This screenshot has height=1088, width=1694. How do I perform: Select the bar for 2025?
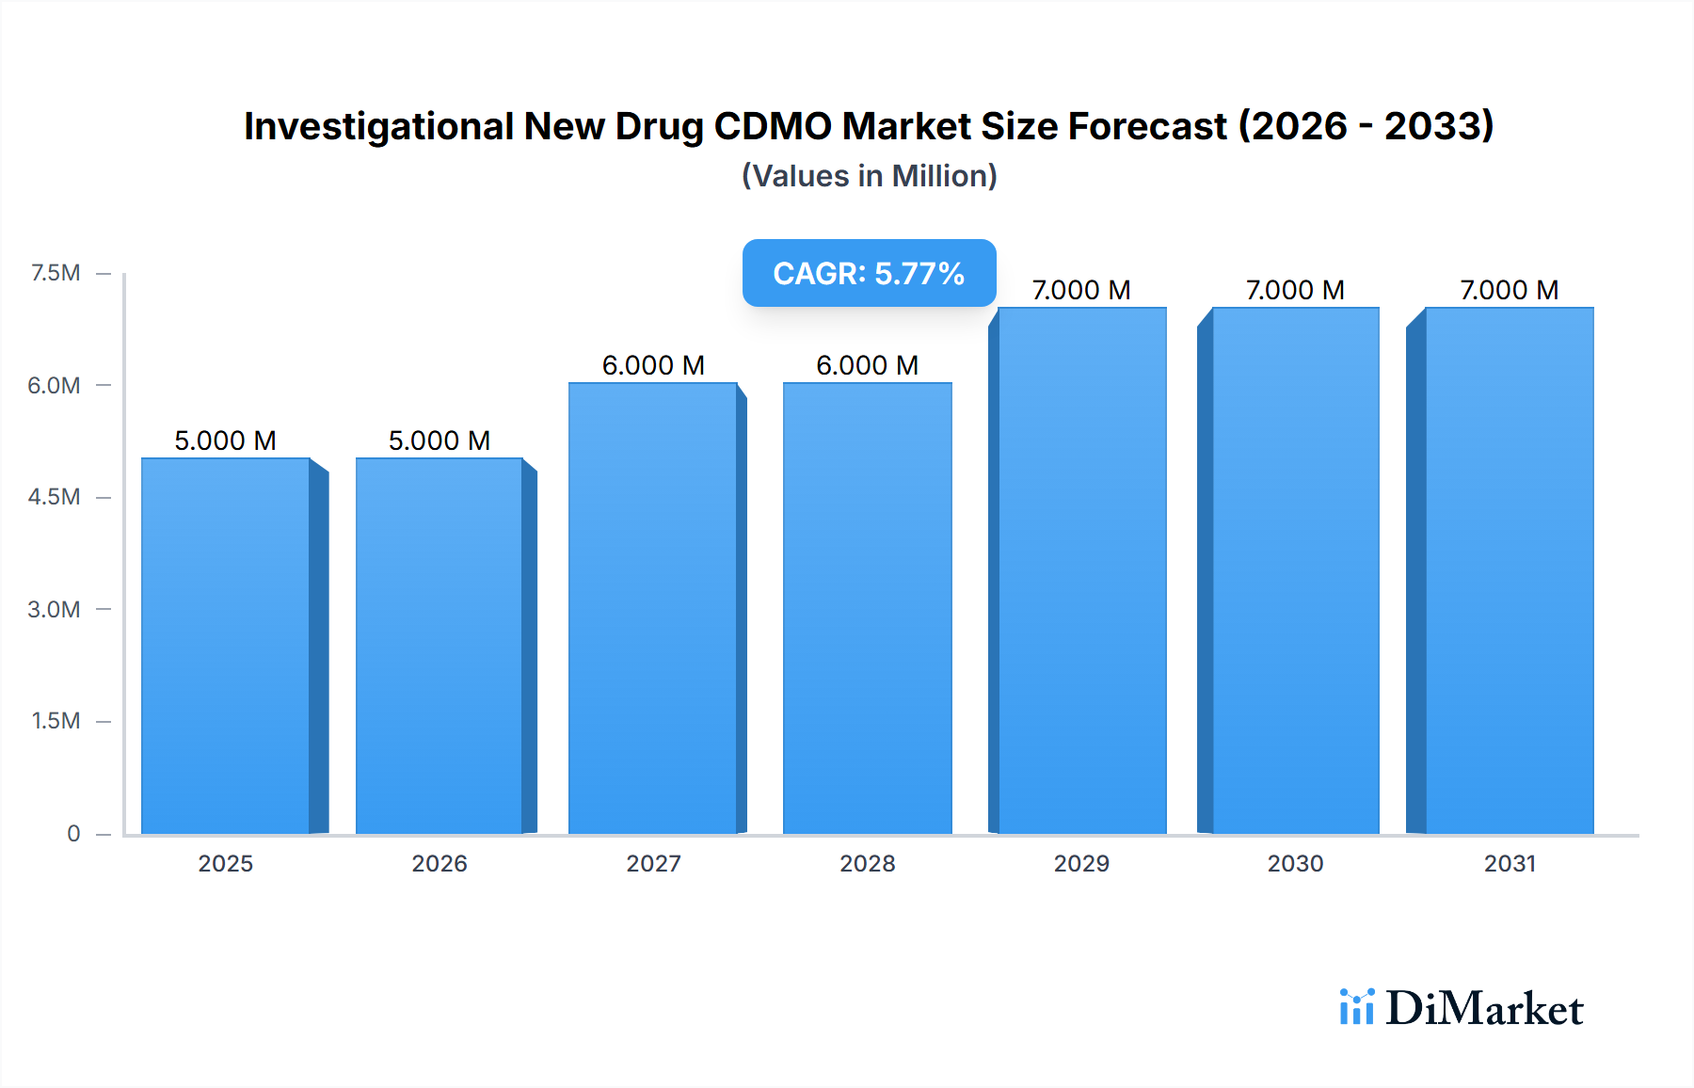coord(226,646)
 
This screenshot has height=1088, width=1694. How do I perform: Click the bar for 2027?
coord(653,608)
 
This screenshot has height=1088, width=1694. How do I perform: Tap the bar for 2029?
coord(1082,570)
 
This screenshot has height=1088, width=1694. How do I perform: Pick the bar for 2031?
coord(1510,570)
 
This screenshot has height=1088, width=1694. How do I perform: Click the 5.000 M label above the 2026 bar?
coord(439,440)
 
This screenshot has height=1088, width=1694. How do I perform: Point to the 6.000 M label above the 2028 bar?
coord(867,365)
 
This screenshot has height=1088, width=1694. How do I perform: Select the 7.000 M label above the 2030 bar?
coord(1295,290)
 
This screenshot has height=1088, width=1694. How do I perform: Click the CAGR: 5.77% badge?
coord(869,273)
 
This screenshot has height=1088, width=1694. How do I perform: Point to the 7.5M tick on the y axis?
coord(56,273)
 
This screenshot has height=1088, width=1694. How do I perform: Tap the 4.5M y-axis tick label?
coord(54,497)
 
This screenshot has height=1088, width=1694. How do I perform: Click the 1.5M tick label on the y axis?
coord(56,721)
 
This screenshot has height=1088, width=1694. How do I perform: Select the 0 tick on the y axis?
coord(73,833)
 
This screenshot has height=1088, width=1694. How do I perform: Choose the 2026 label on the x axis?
coord(439,863)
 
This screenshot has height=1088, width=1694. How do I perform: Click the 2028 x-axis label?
coord(867,863)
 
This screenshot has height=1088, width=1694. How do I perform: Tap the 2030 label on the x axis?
coord(1295,863)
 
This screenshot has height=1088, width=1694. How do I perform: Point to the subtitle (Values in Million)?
coord(869,176)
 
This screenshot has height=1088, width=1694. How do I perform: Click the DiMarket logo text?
coord(1484,1009)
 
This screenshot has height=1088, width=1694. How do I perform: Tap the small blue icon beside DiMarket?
coord(1356,1007)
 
